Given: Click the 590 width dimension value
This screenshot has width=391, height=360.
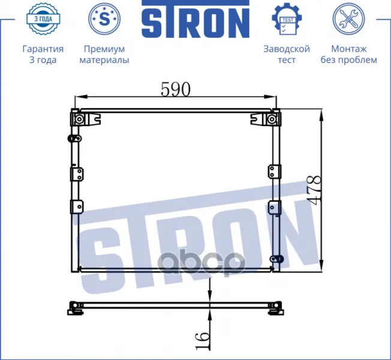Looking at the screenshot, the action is (176, 89).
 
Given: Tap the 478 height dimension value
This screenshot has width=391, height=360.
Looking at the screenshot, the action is (313, 190).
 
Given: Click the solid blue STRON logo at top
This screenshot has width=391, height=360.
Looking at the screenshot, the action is (195, 19).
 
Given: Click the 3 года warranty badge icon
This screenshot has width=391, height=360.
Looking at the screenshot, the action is (43, 19).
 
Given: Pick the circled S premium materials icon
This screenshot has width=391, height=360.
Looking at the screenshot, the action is (104, 19).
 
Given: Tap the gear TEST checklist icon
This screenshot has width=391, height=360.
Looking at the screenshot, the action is (287, 19).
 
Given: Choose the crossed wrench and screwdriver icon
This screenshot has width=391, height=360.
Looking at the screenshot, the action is (348, 19).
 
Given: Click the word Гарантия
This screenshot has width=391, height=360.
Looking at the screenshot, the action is (43, 49).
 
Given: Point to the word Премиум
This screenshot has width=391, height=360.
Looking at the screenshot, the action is (104, 49).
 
